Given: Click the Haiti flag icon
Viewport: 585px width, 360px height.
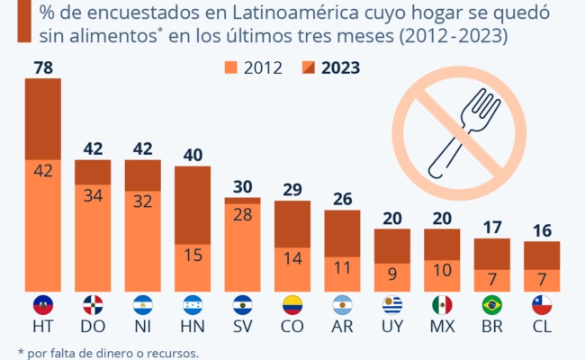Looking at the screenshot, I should pos(42,305).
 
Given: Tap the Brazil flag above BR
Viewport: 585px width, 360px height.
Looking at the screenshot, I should pos(491,305).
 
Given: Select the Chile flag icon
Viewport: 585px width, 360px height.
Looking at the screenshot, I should pos(542,305).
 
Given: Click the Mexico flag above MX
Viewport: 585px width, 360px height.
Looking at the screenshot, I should pos(442,305).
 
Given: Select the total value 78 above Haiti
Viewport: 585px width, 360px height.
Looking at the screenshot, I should pos(42,67).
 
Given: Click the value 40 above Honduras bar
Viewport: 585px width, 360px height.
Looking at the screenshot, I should pos(192,155).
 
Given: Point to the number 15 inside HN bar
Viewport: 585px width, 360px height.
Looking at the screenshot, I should pos(192,255).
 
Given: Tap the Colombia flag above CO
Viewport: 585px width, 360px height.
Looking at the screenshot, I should pos(292,305).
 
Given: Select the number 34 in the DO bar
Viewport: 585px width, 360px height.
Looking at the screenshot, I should pos(92,196).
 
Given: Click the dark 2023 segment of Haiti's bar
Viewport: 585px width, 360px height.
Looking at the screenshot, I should pos(42,119).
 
